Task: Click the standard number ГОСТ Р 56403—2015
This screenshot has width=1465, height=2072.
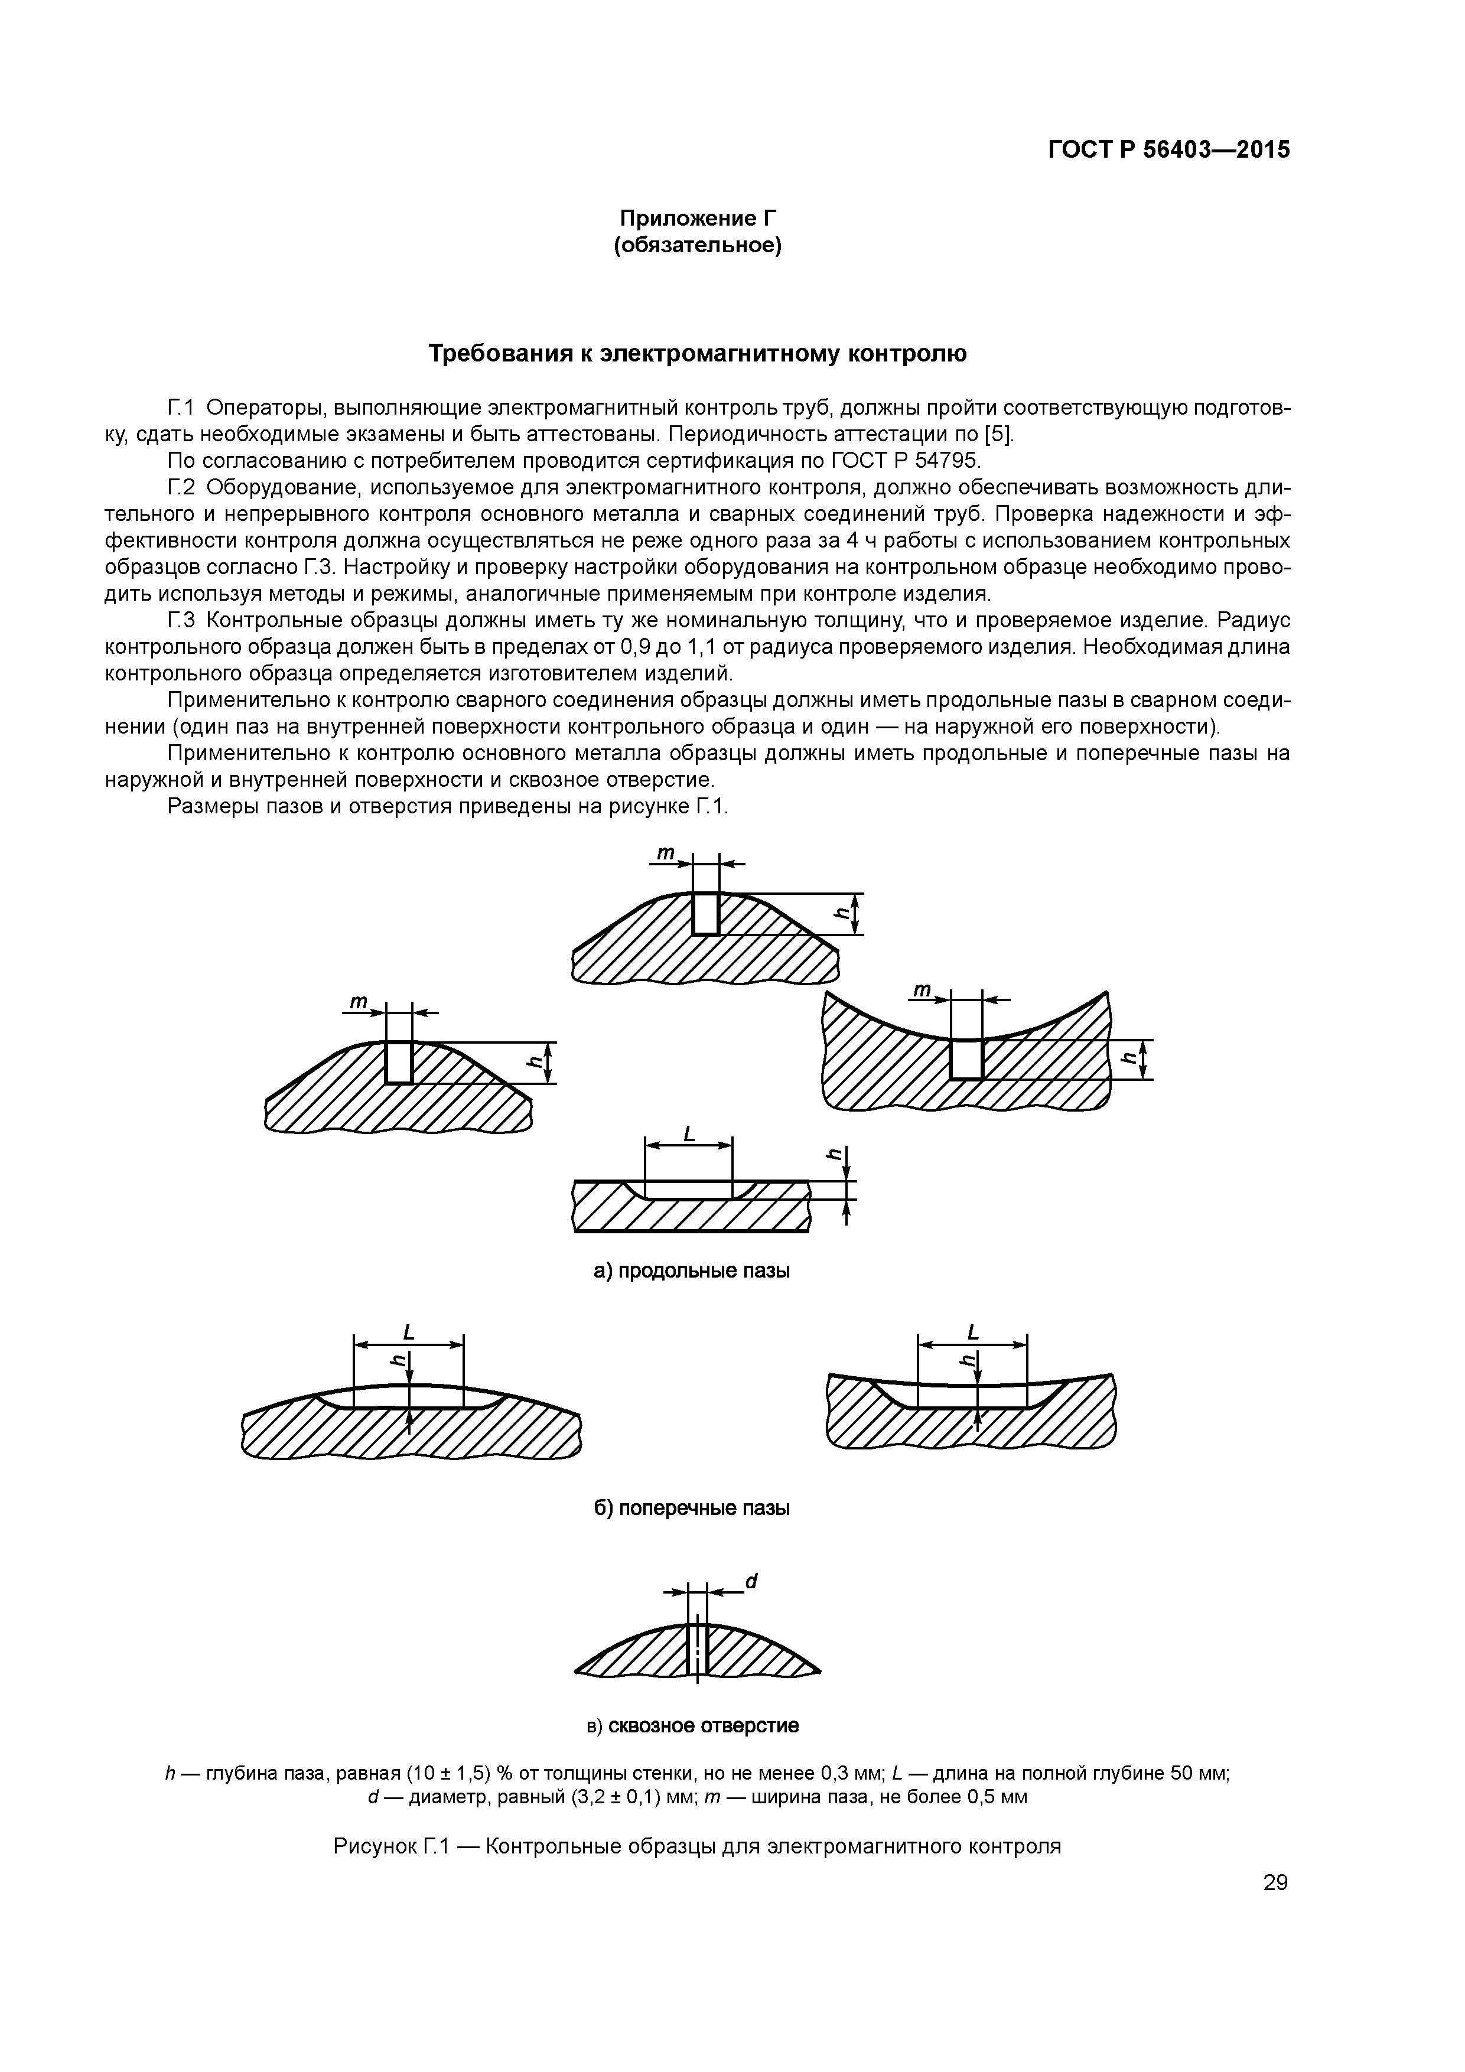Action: click(1169, 150)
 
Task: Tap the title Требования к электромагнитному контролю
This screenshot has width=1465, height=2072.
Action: click(697, 354)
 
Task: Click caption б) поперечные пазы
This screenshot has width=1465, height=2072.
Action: click(691, 1508)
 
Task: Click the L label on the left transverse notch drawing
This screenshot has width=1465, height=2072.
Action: click(408, 1332)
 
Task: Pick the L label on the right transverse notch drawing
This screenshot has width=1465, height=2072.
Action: click(972, 1332)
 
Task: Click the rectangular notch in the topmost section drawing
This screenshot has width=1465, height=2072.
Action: click(706, 913)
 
